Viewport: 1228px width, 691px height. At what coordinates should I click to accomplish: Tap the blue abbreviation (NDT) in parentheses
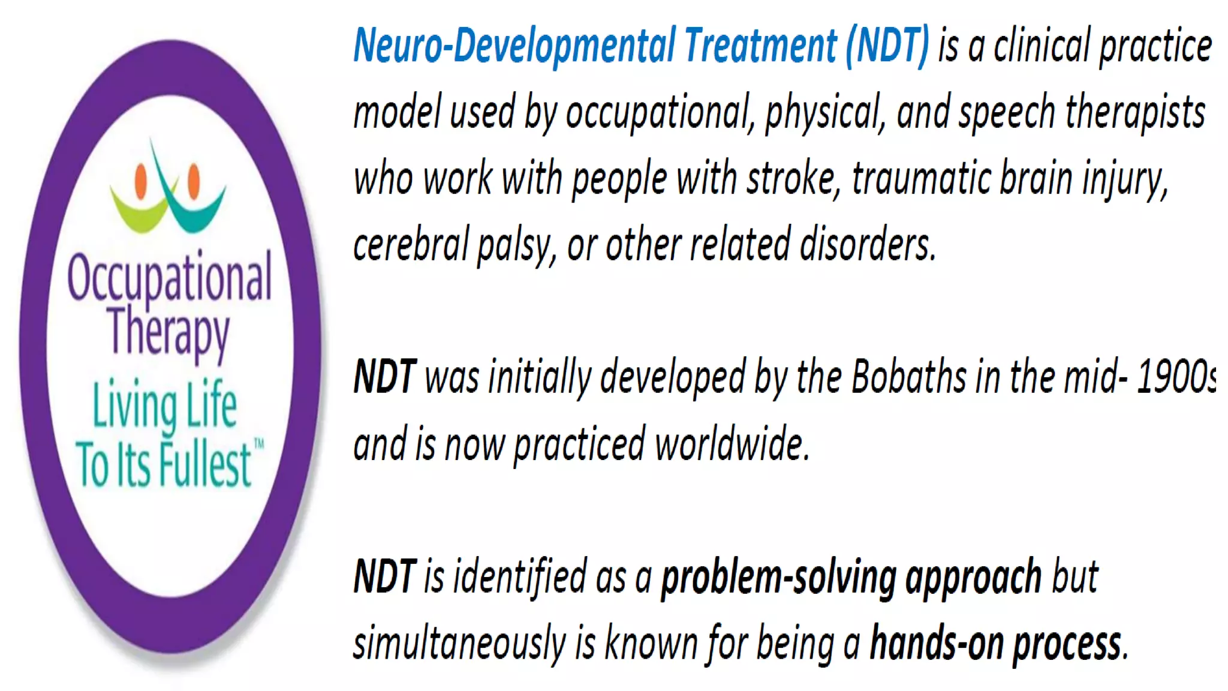pyautogui.click(x=887, y=46)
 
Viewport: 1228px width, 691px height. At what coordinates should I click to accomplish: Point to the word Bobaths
pyautogui.click(x=909, y=377)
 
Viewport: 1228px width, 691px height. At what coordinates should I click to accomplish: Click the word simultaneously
pyautogui.click(x=459, y=643)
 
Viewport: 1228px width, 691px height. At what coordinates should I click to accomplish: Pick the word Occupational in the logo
pyautogui.click(x=170, y=278)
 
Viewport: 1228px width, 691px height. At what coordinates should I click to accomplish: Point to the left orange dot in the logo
pyautogui.click(x=142, y=180)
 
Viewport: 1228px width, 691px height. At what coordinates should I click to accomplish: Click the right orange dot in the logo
pyautogui.click(x=194, y=180)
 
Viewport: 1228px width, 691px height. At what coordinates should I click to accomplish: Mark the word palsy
pyautogui.click(x=513, y=245)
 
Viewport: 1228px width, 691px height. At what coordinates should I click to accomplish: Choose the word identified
pyautogui.click(x=519, y=577)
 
